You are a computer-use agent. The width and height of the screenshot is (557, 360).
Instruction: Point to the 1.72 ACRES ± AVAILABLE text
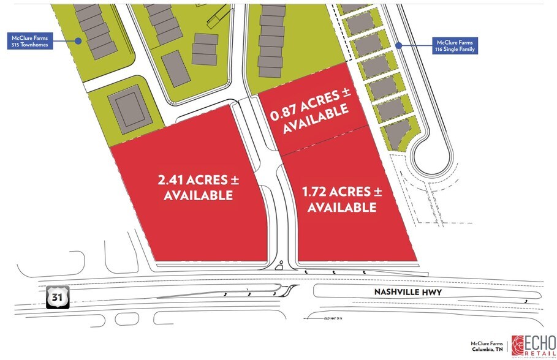(341, 200)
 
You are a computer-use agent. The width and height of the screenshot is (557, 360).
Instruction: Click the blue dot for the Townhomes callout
(78, 42)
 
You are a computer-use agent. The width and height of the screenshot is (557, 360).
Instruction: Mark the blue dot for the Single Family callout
(398, 45)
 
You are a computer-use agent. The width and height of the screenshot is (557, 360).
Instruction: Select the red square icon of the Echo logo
(518, 345)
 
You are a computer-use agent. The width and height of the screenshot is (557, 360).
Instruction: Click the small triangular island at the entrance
(279, 265)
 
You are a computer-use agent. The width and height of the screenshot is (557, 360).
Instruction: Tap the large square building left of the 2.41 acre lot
(131, 110)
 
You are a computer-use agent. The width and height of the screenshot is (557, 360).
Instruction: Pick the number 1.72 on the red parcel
(315, 192)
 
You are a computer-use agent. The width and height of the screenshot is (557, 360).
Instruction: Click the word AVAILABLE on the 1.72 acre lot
(341, 208)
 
